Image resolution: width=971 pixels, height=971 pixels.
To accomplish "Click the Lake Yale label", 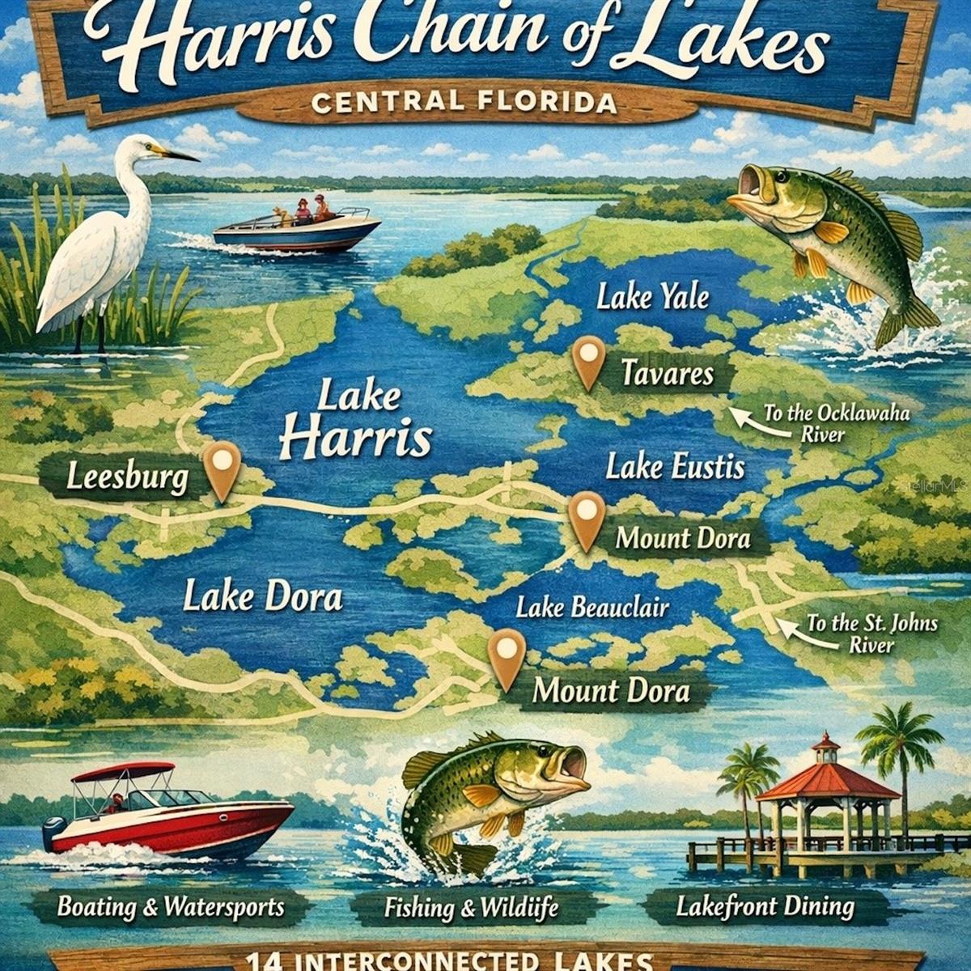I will pos(652,297).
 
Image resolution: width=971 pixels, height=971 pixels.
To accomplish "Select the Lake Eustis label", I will pos(675,467).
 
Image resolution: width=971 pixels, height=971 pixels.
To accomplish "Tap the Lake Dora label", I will pos(262,597).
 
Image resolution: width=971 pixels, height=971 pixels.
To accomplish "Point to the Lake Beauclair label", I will pos(592,607).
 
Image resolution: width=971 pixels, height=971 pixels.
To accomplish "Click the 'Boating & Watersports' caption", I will pos(171,905).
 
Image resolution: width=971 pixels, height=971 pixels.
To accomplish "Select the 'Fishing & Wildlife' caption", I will pos(471,908).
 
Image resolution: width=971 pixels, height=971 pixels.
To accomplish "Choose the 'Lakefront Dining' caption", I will pos(765,906).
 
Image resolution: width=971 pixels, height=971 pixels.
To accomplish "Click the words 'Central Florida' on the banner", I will pos(464,103).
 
